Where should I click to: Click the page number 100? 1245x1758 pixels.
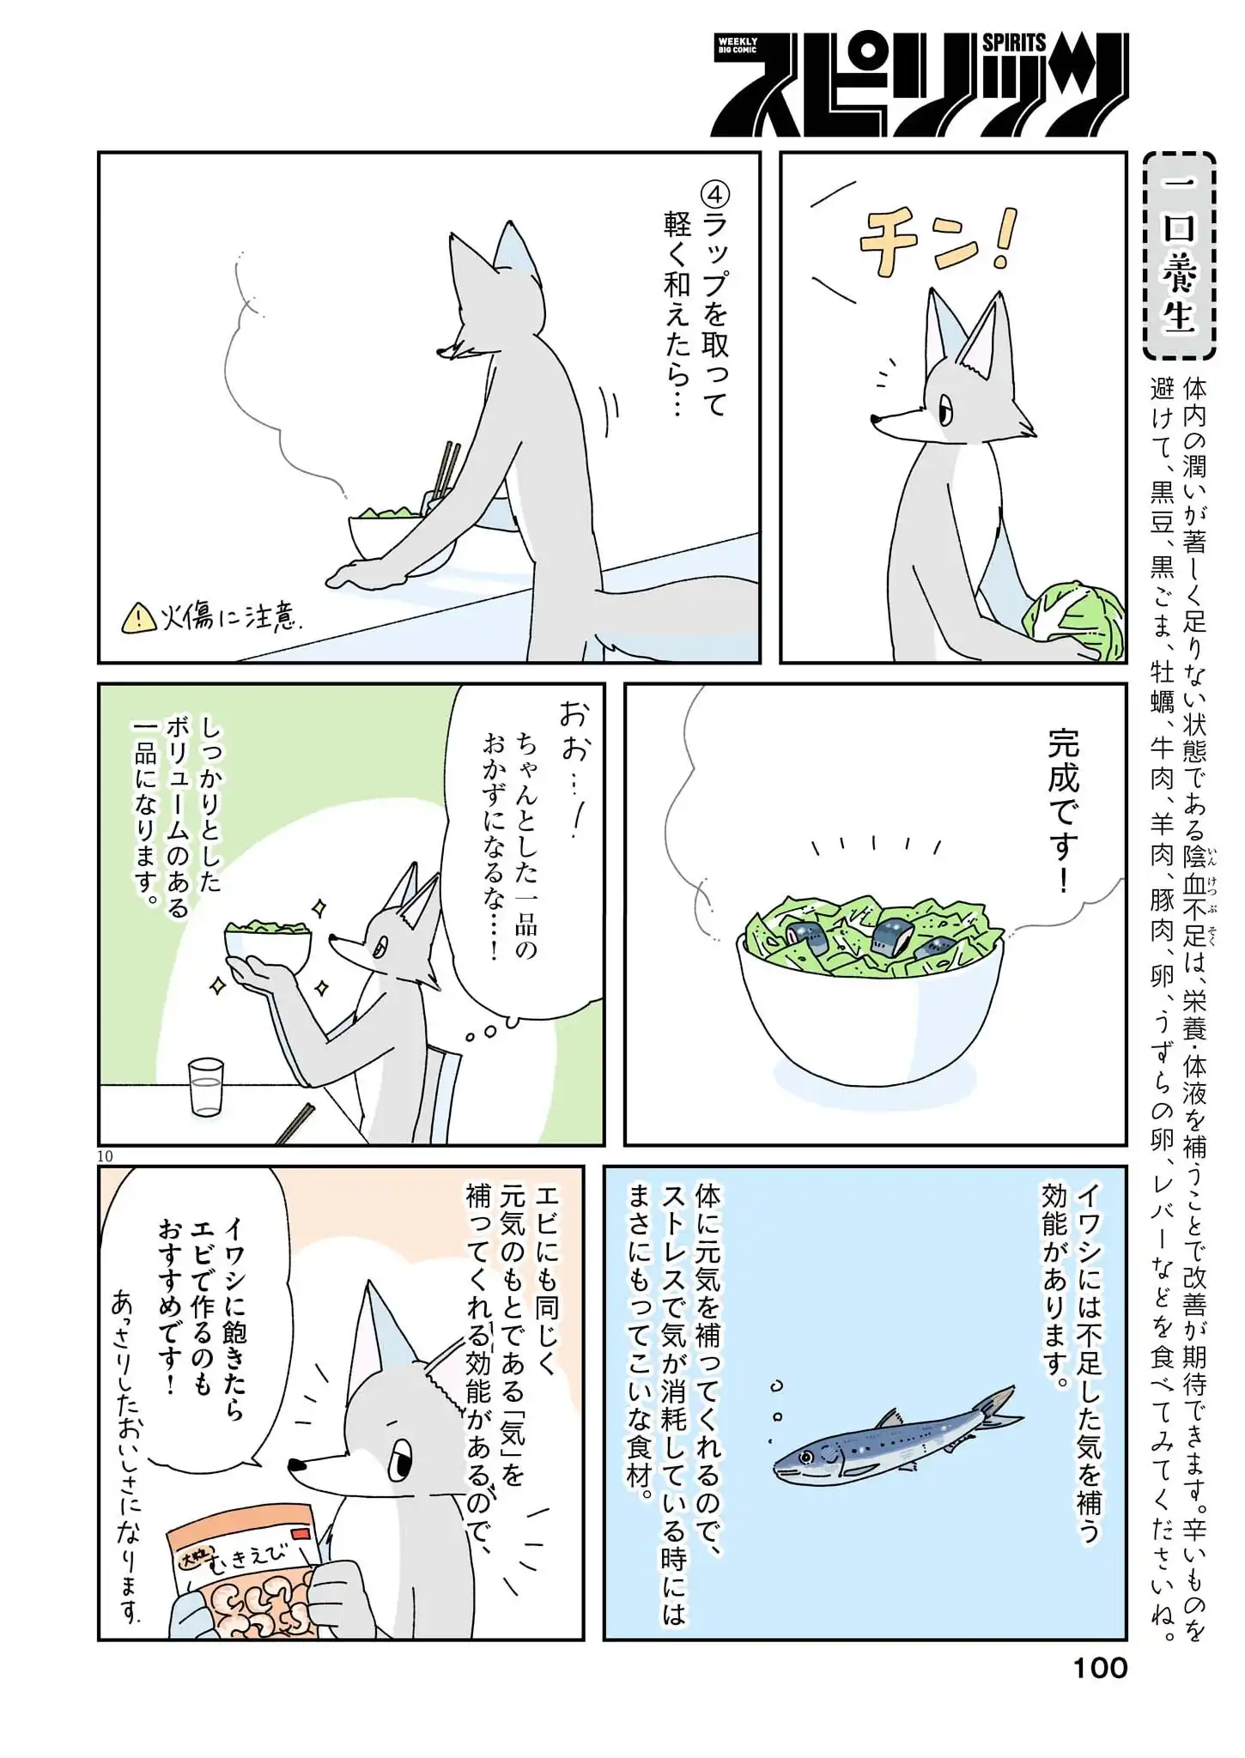click(1100, 1668)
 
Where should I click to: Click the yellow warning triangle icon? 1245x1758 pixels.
click(137, 617)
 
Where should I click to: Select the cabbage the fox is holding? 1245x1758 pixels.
click(1072, 620)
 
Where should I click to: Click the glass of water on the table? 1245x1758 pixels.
click(206, 1087)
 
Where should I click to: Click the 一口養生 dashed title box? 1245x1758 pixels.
click(1180, 256)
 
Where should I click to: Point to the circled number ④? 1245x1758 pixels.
click(713, 194)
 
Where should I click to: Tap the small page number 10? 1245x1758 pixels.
click(105, 1156)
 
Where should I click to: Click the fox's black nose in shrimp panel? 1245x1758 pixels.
click(296, 1464)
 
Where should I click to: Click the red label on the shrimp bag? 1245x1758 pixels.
click(301, 1533)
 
